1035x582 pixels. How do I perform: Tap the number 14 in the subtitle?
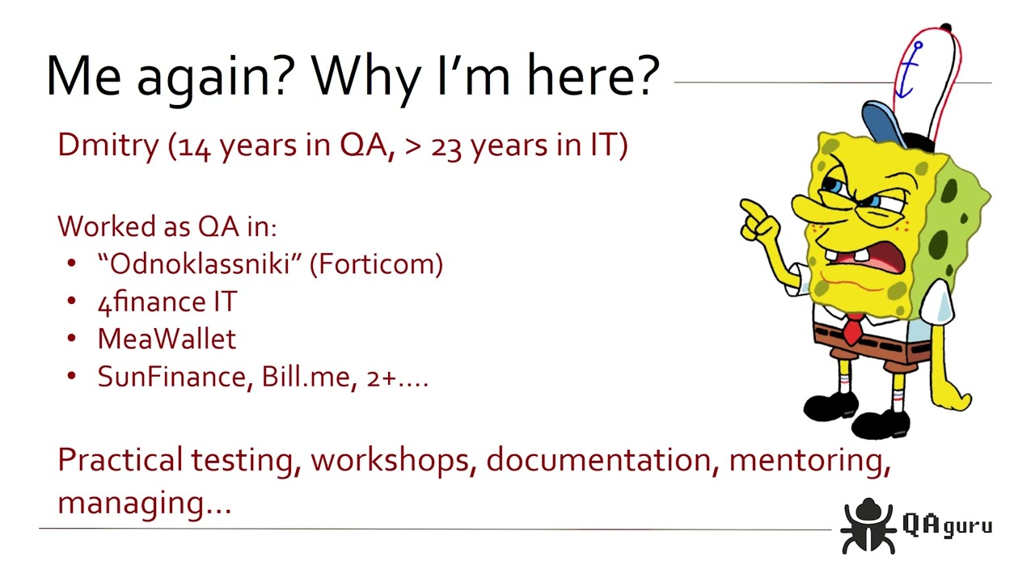[x=194, y=148]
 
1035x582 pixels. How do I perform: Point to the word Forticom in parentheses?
[x=376, y=264]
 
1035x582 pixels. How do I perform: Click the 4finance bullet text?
[x=167, y=302]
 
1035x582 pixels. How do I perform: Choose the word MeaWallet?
[x=167, y=339]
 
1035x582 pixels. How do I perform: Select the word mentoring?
[x=809, y=460]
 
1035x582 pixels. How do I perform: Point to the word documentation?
[x=598, y=460]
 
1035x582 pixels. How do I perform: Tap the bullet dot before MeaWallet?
[x=72, y=339]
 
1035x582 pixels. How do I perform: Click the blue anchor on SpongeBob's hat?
[x=912, y=69]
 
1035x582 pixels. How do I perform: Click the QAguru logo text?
[x=946, y=525]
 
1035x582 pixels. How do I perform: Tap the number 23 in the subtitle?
[x=447, y=148]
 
